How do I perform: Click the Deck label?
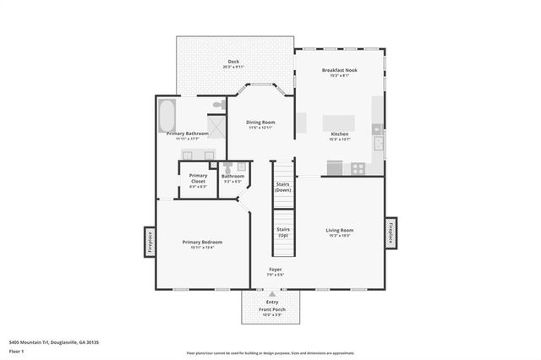click(x=233, y=63)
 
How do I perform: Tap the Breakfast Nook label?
click(x=339, y=71)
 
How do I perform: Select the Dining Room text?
click(x=260, y=123)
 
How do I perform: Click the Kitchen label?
click(x=339, y=134)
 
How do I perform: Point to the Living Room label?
click(x=340, y=230)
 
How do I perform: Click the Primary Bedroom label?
click(x=203, y=242)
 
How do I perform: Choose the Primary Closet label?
click(x=198, y=178)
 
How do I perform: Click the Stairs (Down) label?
click(x=283, y=188)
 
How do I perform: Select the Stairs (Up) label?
click(x=283, y=232)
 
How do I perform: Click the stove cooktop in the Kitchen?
click(x=358, y=167)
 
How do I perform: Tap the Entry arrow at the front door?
click(x=272, y=295)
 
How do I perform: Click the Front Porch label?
click(x=272, y=310)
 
